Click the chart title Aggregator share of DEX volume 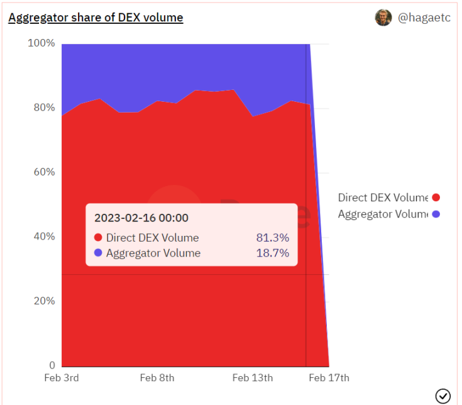tap(96, 18)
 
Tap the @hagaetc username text tap(424, 18)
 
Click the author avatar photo tap(383, 18)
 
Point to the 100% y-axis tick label tap(41, 43)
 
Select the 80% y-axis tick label tap(44, 108)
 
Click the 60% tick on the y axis tap(44, 172)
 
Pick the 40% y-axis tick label tap(44, 236)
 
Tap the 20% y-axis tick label tap(44, 301)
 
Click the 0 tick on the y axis tap(52, 365)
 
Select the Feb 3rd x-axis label tap(62, 378)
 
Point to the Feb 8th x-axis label tap(157, 378)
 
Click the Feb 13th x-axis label tap(253, 378)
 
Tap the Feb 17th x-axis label tap(329, 378)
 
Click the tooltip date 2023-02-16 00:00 tap(141, 218)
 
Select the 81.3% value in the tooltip tap(272, 238)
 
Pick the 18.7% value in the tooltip tap(272, 253)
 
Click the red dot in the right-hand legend tap(436, 197)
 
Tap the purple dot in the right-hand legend tap(436, 214)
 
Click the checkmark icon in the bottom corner tap(443, 396)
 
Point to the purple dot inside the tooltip tap(98, 253)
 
